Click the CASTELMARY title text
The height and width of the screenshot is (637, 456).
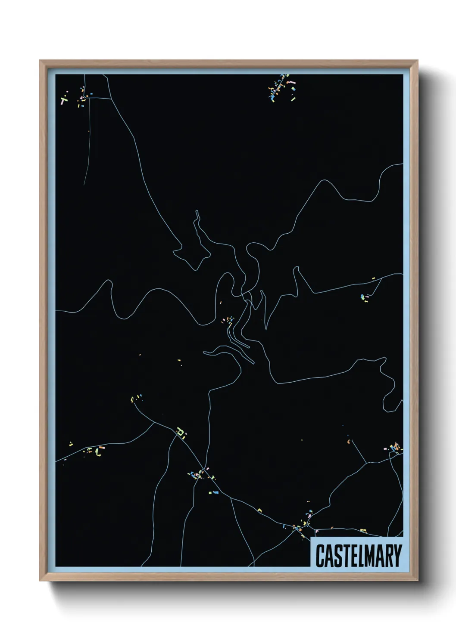click(x=359, y=555)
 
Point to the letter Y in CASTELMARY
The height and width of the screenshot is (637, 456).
click(x=397, y=555)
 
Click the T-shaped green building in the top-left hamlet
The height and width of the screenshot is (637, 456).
click(x=64, y=101)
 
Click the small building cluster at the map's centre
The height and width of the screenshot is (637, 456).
click(x=228, y=320)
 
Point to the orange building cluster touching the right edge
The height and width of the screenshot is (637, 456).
click(x=394, y=448)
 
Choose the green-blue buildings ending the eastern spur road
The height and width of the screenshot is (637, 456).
click(x=365, y=297)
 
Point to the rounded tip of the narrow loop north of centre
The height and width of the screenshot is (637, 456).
click(x=197, y=212)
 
